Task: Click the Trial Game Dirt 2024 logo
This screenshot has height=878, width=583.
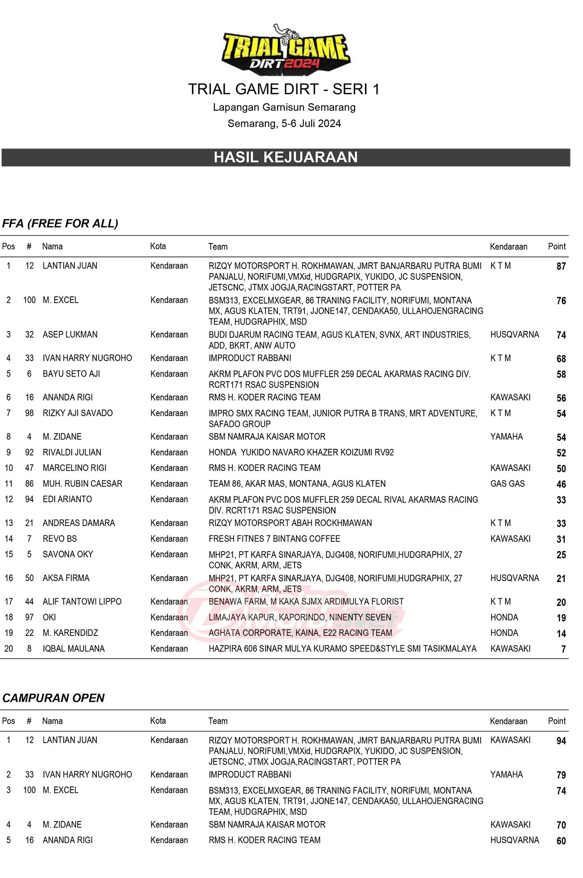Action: click(285, 49)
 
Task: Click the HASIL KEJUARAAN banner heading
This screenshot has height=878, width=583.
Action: click(285, 157)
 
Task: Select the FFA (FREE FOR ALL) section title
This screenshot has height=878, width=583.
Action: click(60, 223)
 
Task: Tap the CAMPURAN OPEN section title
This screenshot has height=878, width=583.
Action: click(53, 698)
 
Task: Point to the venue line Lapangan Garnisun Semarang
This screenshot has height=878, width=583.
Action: click(284, 108)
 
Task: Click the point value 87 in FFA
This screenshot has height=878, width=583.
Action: click(561, 266)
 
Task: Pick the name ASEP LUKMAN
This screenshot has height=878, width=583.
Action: click(70, 335)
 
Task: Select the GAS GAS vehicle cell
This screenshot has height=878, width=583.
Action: click(507, 483)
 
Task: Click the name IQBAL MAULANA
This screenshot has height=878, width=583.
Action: click(74, 648)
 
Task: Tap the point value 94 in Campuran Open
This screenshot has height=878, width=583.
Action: click(561, 741)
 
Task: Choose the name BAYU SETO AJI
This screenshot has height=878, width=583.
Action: click(71, 374)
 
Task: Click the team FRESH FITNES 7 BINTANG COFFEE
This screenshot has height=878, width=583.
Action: click(274, 539)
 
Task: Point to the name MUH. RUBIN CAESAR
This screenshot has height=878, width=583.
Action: click(83, 483)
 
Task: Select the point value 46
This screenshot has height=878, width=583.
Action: click(561, 484)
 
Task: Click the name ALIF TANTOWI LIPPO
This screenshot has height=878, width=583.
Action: click(82, 601)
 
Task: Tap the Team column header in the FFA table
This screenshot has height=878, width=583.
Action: click(218, 247)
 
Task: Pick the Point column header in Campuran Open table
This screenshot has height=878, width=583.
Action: click(557, 721)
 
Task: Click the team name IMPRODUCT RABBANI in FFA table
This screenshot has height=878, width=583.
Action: click(250, 358)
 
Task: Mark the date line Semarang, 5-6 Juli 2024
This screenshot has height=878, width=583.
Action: click(284, 124)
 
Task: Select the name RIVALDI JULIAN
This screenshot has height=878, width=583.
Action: click(72, 452)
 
